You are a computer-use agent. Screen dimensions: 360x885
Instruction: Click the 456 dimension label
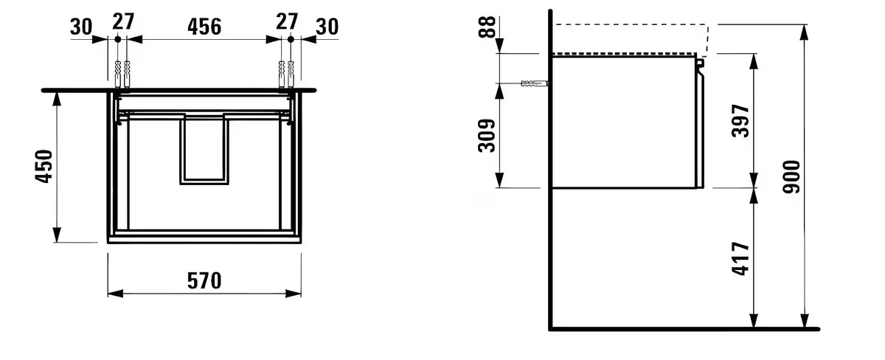(x=204, y=26)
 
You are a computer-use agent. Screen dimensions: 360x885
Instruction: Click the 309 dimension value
(x=487, y=134)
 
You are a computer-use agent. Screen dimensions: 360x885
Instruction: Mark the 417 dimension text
(x=741, y=258)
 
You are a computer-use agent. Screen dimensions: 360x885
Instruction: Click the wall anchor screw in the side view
(x=534, y=84)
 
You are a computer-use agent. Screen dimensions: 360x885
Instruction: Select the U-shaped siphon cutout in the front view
(x=204, y=148)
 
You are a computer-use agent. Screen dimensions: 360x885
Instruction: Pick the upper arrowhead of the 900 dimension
(x=805, y=30)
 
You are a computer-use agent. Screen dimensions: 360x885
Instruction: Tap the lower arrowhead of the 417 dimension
(x=754, y=322)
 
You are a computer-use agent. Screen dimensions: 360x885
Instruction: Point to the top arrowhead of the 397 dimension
(x=754, y=59)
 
